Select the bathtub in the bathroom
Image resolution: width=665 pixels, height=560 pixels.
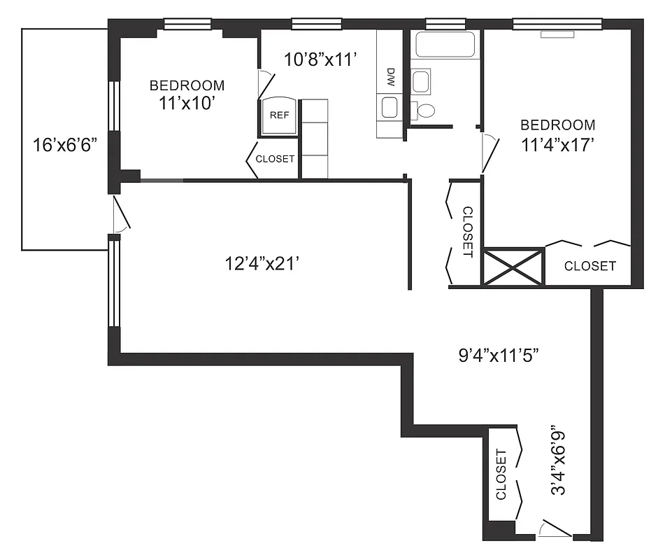tap(445, 45)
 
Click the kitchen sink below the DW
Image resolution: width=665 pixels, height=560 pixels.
tap(389, 107)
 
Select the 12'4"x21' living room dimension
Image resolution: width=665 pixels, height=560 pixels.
tap(262, 264)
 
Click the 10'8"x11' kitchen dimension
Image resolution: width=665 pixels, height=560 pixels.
tap(321, 59)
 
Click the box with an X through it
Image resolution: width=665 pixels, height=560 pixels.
tap(513, 267)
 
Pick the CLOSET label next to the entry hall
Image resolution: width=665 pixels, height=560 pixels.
tap(501, 475)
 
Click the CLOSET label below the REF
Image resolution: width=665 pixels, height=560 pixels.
tap(275, 159)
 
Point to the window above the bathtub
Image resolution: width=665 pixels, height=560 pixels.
tap(441, 24)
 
